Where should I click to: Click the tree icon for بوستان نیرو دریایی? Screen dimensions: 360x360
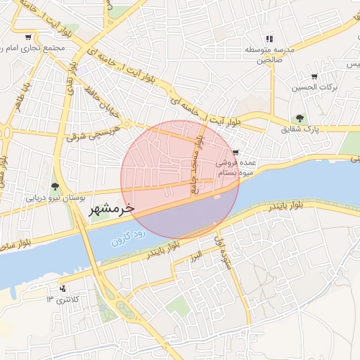point(55,186)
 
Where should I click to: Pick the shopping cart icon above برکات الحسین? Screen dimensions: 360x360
point(314,77)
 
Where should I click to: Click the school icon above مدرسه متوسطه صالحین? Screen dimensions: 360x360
point(269,39)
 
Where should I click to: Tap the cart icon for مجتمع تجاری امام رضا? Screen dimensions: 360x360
point(27,37)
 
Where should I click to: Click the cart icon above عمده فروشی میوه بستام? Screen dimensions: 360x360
point(236,152)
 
